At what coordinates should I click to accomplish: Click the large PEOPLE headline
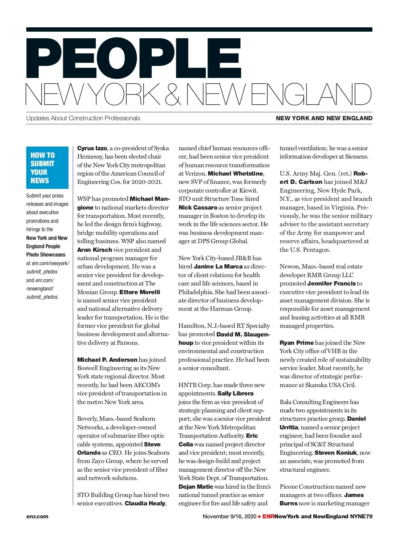point(134,59)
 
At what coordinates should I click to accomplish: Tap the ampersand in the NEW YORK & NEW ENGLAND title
point(173,94)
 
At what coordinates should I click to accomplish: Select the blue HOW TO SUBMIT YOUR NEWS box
point(47,168)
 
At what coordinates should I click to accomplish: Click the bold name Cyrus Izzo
point(92,148)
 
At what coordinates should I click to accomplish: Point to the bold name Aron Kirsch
point(94,250)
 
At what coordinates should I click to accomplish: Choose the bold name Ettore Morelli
point(140,292)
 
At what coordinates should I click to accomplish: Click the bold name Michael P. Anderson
point(107,360)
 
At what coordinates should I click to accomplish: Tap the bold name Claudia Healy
point(145,503)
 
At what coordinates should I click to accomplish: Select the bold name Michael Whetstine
point(236,174)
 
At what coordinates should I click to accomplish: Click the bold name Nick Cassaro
point(198,208)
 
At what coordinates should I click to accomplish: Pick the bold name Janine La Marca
point(218,266)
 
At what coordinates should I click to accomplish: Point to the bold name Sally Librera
point(235,393)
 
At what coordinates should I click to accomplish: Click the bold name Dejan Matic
point(196,487)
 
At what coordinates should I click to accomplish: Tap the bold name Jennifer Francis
point(332,283)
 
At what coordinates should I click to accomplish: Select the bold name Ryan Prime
point(297,343)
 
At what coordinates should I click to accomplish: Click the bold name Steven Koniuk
point(335,453)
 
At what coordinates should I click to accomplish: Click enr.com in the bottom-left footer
point(37,517)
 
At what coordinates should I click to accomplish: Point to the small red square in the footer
point(259,517)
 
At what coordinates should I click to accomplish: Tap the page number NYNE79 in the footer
point(361,517)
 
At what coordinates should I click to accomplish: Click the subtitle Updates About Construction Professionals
point(83,118)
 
